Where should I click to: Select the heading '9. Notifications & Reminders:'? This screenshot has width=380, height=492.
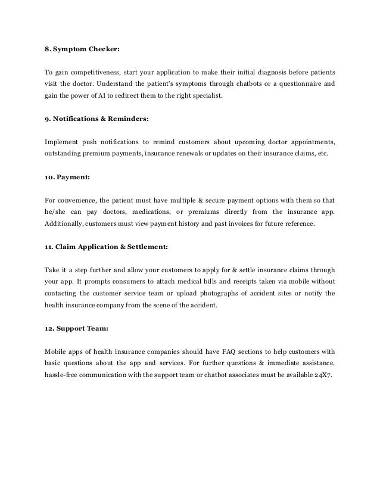pos(98,118)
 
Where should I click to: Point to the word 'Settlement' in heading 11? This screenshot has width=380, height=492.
pos(166,247)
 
